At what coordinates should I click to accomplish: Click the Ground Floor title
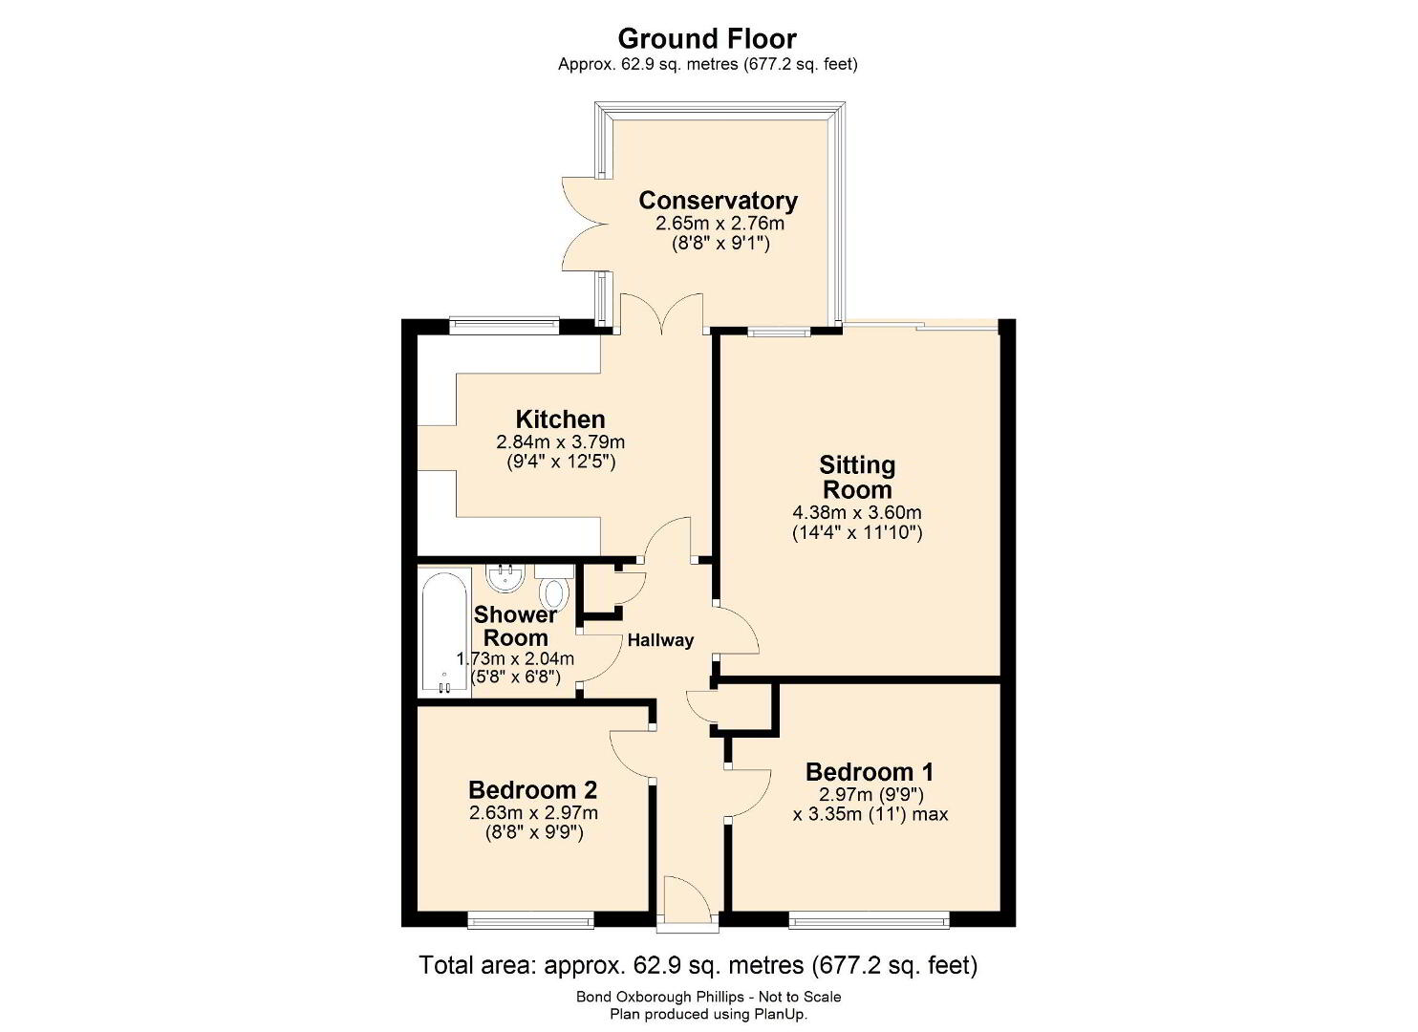click(x=707, y=38)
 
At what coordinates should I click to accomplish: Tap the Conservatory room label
click(x=718, y=200)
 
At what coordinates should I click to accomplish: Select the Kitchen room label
click(x=560, y=419)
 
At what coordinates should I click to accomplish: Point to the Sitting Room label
click(x=857, y=478)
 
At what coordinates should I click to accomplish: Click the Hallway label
click(x=660, y=640)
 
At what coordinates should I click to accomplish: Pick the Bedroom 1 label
click(x=870, y=772)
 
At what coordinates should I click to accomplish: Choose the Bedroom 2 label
click(x=533, y=789)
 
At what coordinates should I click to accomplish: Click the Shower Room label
click(x=515, y=626)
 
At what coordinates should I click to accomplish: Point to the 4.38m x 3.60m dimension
click(x=857, y=512)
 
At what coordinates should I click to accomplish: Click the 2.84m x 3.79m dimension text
click(x=560, y=441)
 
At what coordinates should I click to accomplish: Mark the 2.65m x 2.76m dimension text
click(x=720, y=223)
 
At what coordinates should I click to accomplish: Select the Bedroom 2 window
click(x=530, y=920)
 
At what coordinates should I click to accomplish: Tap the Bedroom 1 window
click(x=870, y=920)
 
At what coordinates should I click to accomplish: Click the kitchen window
click(x=505, y=326)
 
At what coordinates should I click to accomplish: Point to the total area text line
click(x=698, y=966)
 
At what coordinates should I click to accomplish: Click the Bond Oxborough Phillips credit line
click(x=708, y=998)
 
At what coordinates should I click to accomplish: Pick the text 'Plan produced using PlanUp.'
click(x=708, y=1014)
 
